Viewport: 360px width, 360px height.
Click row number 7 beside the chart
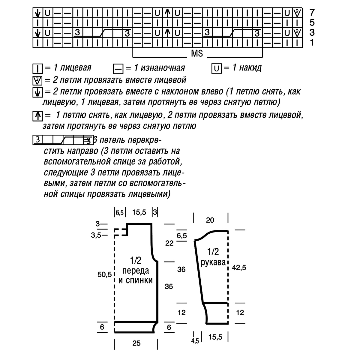click(312, 13)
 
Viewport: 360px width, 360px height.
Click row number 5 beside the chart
click(312, 22)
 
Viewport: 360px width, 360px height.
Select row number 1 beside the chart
click(312, 43)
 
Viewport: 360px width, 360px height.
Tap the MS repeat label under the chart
click(197, 54)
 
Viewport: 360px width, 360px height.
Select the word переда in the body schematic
click(135, 271)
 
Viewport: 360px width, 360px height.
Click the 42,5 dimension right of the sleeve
click(239, 268)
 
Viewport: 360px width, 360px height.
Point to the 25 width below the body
click(136, 343)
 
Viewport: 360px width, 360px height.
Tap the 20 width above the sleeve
click(210, 220)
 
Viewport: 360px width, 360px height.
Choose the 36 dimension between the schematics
click(181, 269)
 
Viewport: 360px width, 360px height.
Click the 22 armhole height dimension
click(169, 243)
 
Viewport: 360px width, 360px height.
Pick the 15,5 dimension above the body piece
click(139, 212)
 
